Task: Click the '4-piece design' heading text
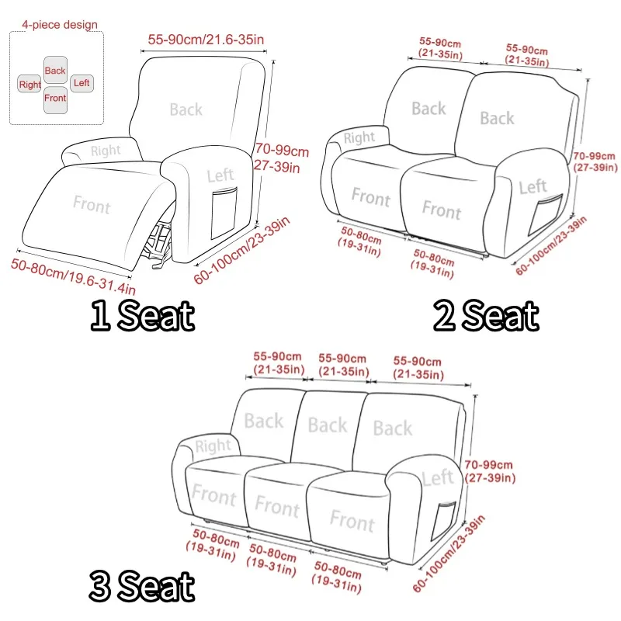(x=60, y=25)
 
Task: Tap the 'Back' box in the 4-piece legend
(x=55, y=70)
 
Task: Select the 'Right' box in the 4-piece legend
(x=29, y=84)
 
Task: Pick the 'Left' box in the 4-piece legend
(x=82, y=83)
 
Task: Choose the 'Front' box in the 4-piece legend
(x=55, y=99)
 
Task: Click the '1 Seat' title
(x=143, y=315)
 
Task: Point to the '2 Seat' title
(x=486, y=315)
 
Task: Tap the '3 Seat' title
(x=142, y=586)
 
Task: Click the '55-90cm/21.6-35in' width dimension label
(x=206, y=40)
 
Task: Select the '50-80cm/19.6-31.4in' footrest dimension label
(x=73, y=276)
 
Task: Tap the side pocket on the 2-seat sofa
(x=545, y=214)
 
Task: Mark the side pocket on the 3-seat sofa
(x=442, y=520)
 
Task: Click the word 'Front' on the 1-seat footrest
(x=92, y=204)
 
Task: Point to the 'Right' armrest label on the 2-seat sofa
(x=359, y=137)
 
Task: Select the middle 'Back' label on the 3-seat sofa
(x=328, y=425)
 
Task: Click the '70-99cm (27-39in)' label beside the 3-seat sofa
(x=490, y=471)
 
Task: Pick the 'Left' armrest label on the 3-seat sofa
(x=438, y=477)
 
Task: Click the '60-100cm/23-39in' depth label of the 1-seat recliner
(x=241, y=250)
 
